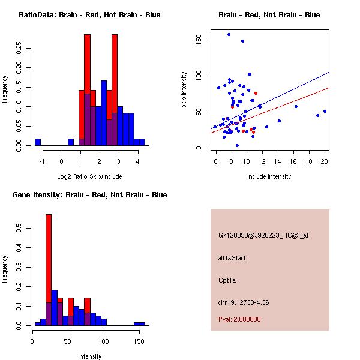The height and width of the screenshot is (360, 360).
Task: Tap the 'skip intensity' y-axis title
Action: click(x=185, y=90)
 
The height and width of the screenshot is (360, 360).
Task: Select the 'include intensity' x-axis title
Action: click(x=269, y=176)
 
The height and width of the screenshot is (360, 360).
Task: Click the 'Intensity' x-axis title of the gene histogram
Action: click(x=90, y=356)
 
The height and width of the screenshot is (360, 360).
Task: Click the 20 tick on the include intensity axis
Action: click(x=325, y=161)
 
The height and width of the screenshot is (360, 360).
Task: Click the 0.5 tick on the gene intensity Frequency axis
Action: click(x=19, y=229)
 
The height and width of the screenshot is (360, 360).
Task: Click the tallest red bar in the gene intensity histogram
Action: click(x=49, y=270)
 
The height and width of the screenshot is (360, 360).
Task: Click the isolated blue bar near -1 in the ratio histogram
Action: click(x=38, y=142)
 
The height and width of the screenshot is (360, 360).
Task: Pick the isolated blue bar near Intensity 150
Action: click(x=139, y=323)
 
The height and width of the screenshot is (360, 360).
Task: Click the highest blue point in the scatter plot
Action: click(x=229, y=34)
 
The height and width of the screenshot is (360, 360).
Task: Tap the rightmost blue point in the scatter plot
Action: click(x=325, y=111)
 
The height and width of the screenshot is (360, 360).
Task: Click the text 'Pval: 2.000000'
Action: click(x=239, y=320)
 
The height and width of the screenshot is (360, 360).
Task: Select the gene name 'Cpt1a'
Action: click(x=227, y=280)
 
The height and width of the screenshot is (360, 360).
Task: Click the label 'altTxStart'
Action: click(x=232, y=258)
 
